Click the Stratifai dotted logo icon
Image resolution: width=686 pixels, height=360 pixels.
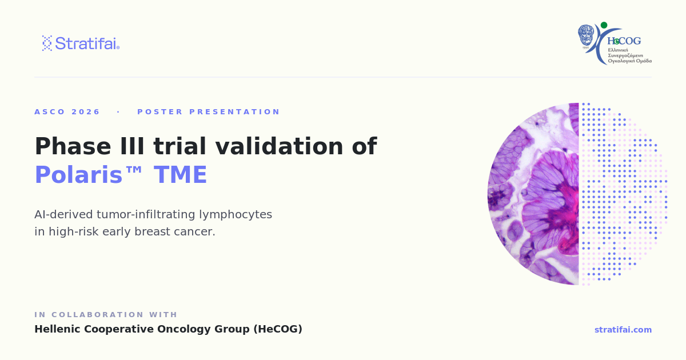[47, 43]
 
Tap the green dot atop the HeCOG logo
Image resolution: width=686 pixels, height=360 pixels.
[604, 25]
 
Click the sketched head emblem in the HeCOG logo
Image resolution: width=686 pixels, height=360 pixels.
[586, 35]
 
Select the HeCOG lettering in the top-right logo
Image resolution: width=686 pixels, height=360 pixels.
[624, 41]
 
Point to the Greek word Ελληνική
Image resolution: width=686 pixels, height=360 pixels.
[618, 50]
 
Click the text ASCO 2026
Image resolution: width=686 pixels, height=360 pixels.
[67, 112]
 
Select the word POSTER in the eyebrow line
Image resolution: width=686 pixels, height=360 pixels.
[160, 112]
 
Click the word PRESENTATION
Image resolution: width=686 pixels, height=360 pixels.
[234, 112]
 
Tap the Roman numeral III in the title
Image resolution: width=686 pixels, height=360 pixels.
[132, 146]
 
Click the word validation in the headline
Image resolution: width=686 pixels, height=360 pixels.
[279, 146]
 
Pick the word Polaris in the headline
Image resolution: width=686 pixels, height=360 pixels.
[79, 175]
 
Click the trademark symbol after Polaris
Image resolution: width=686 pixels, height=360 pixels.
[133, 170]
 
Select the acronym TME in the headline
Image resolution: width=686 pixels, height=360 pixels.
[180, 175]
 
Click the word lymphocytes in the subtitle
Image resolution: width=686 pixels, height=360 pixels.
[235, 215]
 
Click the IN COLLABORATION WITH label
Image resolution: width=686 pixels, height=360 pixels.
[106, 315]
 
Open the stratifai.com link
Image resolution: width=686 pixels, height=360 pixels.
[623, 330]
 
